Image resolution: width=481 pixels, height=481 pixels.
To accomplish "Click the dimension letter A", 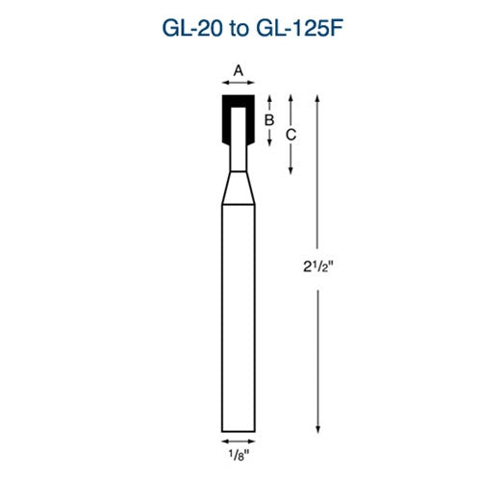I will [x=240, y=68].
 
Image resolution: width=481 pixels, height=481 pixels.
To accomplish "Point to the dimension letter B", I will [x=270, y=120].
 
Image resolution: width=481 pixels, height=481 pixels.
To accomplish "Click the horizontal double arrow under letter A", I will [x=240, y=85].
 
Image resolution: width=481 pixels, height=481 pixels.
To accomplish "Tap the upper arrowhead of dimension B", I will [x=270, y=97].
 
